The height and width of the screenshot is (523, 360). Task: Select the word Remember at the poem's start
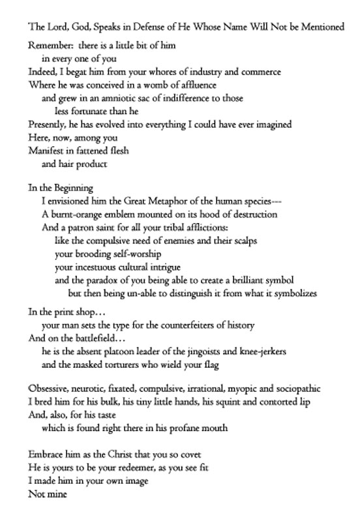click(49, 48)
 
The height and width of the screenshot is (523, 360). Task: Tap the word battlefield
click(93, 337)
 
